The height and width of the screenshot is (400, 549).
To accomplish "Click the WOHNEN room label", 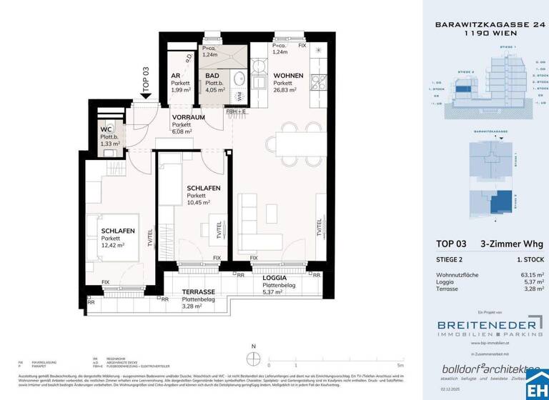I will coord(287,76).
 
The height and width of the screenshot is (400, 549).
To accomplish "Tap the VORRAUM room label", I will coord(189,116).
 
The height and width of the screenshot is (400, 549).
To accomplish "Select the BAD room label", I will coord(212,76).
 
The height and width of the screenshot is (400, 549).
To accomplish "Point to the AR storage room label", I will coord(175,76).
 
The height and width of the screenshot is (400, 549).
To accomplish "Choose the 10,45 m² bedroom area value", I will coord(198,203).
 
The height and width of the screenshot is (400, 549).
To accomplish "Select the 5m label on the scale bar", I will coord(401,365).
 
